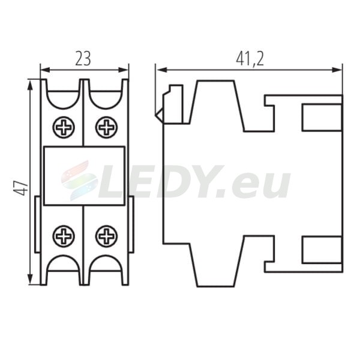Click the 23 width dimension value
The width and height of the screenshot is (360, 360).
pyautogui.click(x=83, y=59)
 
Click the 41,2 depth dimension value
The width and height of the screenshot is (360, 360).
pyautogui.click(x=250, y=59)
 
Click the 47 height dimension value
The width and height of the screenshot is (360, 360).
pyautogui.click(x=20, y=188)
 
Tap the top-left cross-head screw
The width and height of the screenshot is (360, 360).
pyautogui.click(x=64, y=127)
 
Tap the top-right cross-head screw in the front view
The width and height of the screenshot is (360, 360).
pyautogui.click(x=106, y=127)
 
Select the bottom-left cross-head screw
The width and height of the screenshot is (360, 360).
pyautogui.click(x=64, y=236)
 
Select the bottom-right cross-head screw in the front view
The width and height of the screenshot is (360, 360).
pyautogui.click(x=106, y=236)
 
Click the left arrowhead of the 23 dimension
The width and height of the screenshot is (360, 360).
pyautogui.click(x=45, y=70)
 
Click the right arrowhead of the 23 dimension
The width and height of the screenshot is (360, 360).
pyautogui.click(x=124, y=70)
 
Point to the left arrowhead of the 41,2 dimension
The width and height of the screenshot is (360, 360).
pyautogui.click(x=160, y=70)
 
